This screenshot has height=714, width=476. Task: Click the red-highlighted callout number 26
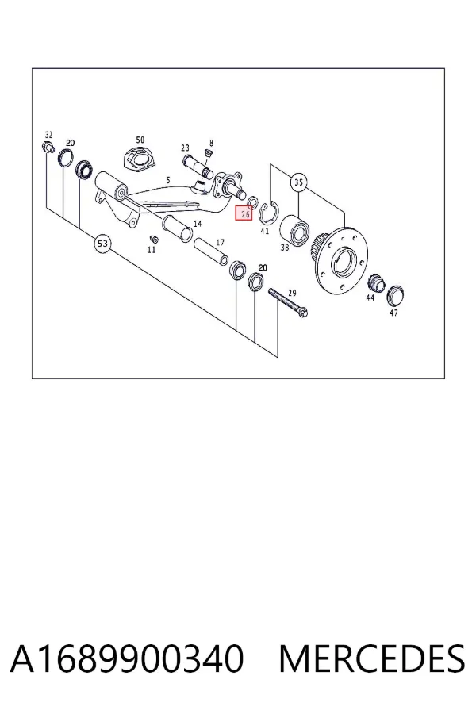pos(244,213)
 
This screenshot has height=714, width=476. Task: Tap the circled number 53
pos(102,244)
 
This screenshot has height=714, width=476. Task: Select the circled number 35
pos(298,182)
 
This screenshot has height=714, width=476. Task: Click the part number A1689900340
pos(127,658)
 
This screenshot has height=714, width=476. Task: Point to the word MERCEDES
pos(372,658)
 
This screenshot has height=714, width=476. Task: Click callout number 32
pos(48,135)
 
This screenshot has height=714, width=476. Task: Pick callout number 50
pos(140,140)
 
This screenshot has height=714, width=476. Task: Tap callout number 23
pos(185,148)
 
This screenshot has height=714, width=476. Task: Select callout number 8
pos(211,143)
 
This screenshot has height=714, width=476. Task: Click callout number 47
pos(393,313)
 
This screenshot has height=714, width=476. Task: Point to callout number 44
pos(370,297)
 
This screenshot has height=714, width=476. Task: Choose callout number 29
pos(292,294)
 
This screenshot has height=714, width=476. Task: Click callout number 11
pos(152,250)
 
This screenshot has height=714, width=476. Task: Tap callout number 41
pos(265,231)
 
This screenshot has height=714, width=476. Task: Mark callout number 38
pos(285,248)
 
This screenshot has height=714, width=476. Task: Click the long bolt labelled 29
pos(289,301)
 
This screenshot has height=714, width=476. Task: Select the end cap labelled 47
pos(395,297)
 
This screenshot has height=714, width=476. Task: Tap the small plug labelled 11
pos(153,239)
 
